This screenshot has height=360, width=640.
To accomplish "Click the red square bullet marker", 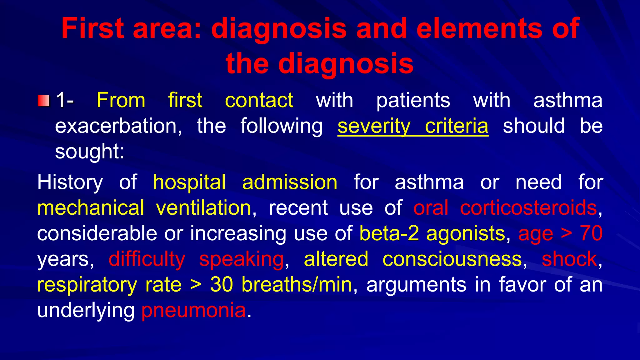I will pos(43,101).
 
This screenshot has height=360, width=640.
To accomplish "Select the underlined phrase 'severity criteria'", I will pos(412,126).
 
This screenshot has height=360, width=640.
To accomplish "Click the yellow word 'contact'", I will pos(259,101).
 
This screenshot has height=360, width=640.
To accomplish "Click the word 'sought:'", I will pos(89,152).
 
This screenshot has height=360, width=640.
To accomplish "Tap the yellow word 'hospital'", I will pos(189,182).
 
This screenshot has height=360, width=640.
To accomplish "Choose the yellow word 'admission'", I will pos(289,182).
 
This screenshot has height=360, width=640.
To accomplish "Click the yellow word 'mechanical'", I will pos(91,208).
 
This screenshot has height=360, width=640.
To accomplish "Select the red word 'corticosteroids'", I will pos(528,208).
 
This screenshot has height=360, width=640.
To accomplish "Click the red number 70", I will pos(591,234).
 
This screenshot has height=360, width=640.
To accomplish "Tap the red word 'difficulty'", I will pos(147,259).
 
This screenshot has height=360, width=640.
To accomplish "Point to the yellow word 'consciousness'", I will pos(452,259).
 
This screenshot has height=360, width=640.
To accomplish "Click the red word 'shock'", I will pos(569,259).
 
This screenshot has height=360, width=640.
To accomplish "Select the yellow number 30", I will pos(221,285).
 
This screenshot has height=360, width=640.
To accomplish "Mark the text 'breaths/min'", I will pos(297,285).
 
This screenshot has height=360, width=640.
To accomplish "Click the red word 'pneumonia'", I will pos(193,311).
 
